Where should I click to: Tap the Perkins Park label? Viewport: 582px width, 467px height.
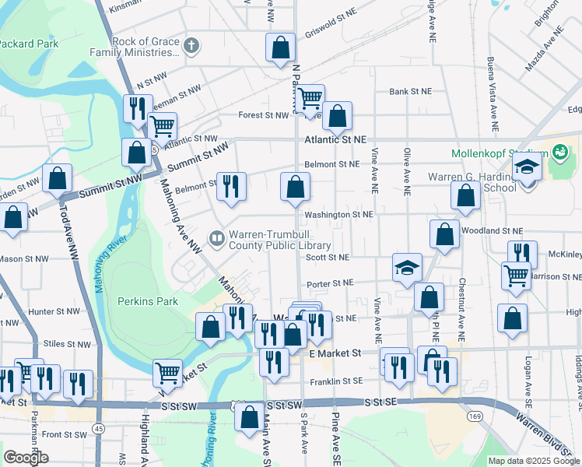point(147,301)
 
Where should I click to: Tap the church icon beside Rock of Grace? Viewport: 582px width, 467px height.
point(191,46)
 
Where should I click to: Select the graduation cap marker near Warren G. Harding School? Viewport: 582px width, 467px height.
point(527,169)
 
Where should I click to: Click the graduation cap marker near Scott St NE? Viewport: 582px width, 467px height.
point(407,268)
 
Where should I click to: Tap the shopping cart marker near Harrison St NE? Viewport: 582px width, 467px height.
point(516,276)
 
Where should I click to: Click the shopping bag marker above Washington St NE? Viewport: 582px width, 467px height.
point(295,187)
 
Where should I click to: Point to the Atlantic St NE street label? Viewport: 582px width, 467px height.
point(335,139)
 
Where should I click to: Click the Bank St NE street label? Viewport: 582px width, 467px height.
point(411,91)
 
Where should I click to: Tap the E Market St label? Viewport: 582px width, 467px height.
point(335,353)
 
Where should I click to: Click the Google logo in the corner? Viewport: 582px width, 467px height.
point(25,458)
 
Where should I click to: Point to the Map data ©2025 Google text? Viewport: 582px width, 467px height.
point(535,461)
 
